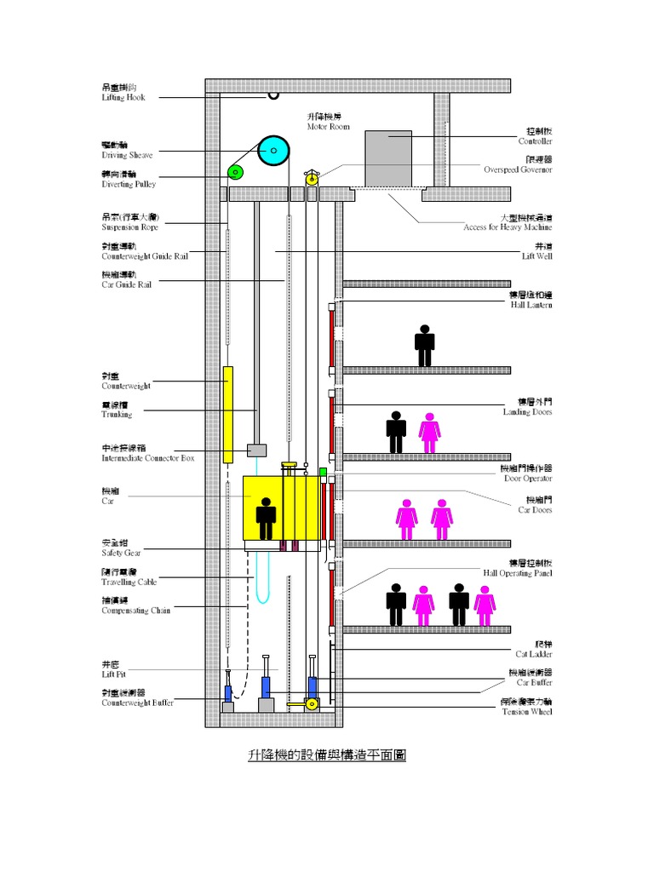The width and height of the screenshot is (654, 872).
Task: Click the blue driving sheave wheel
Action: click(x=274, y=152)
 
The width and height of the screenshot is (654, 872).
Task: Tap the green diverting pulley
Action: click(x=236, y=174)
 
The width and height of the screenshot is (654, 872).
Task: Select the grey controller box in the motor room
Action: click(x=388, y=158)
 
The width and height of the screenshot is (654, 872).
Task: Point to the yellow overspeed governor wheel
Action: click(x=312, y=178)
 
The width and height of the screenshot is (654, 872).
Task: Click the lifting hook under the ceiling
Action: click(x=273, y=95)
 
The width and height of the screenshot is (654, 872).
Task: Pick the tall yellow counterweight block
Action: click(x=228, y=414)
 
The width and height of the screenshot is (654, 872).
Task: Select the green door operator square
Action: click(x=324, y=471)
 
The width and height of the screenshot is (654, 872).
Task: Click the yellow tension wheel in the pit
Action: click(x=312, y=704)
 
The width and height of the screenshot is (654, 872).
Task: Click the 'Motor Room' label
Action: click(x=329, y=126)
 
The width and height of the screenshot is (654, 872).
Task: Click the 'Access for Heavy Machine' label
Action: click(x=508, y=227)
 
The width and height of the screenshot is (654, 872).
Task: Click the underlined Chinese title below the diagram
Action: click(x=326, y=755)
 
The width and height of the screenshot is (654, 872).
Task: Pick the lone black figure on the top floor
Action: click(x=424, y=345)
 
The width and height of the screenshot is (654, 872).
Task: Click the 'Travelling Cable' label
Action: click(x=129, y=582)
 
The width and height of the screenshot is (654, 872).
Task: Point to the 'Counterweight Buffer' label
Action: click(x=137, y=703)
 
